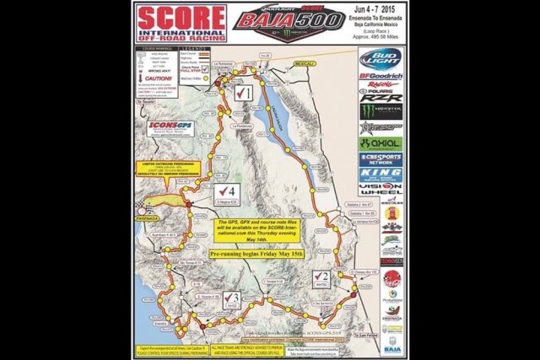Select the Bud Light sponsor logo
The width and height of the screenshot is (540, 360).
pos(381,59)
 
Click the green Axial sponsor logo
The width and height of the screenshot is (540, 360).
pos(381,143)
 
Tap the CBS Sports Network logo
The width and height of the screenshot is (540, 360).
pos(381,159)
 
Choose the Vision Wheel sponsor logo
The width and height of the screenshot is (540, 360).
pos(381,189)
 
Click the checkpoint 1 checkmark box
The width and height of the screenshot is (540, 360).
pos(244,92)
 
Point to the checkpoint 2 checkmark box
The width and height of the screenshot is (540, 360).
pos(321,276)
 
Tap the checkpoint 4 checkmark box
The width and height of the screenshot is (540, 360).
pos(224,191)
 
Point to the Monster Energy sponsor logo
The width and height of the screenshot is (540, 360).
pos(381,110)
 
